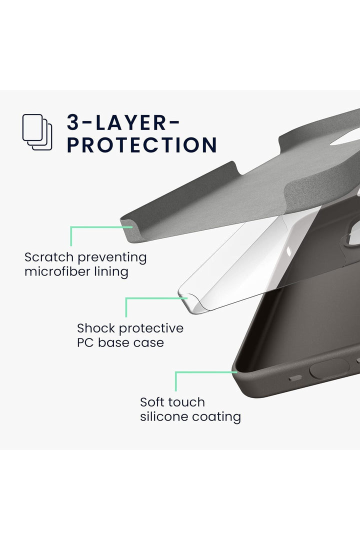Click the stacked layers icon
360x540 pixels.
[37, 132]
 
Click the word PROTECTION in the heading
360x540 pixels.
[142, 145]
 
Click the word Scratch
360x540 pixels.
[49, 257]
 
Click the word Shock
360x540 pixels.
[96, 328]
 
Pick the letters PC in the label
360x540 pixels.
[86, 342]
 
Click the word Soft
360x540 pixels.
[155, 402]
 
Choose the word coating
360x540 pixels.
[216, 417]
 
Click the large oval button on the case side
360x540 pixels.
[329, 369]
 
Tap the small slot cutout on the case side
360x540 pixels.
[295, 378]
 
